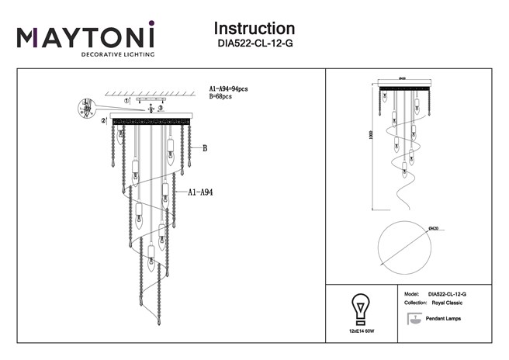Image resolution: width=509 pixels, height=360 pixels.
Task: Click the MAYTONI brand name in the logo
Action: (x=86, y=38)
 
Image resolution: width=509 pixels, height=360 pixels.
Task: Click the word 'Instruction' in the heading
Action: (x=254, y=29)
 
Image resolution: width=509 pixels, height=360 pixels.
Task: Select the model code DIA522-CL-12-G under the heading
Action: (x=254, y=44)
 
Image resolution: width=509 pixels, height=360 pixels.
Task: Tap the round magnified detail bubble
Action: (x=85, y=107)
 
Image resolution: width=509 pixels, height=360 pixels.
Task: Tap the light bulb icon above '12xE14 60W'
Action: (x=360, y=304)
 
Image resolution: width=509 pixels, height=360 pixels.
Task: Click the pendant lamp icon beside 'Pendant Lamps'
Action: (x=413, y=318)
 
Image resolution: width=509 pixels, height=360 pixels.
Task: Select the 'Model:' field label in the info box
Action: (x=413, y=296)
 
